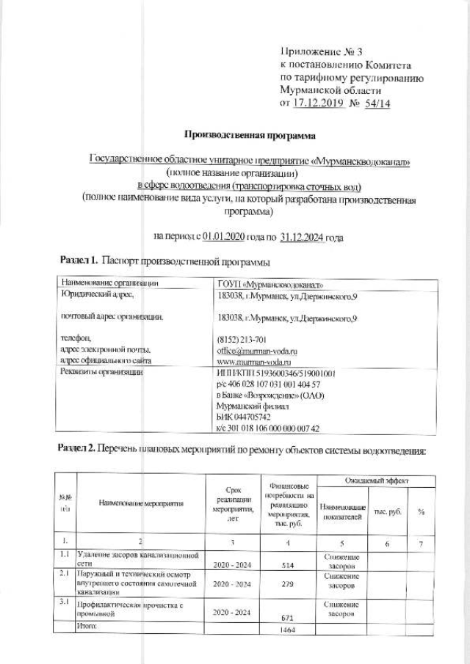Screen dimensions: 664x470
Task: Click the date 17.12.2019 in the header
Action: tap(321, 103)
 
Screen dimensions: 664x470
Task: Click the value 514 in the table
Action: tap(288, 566)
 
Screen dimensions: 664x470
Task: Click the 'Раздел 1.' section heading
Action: tap(78, 260)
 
